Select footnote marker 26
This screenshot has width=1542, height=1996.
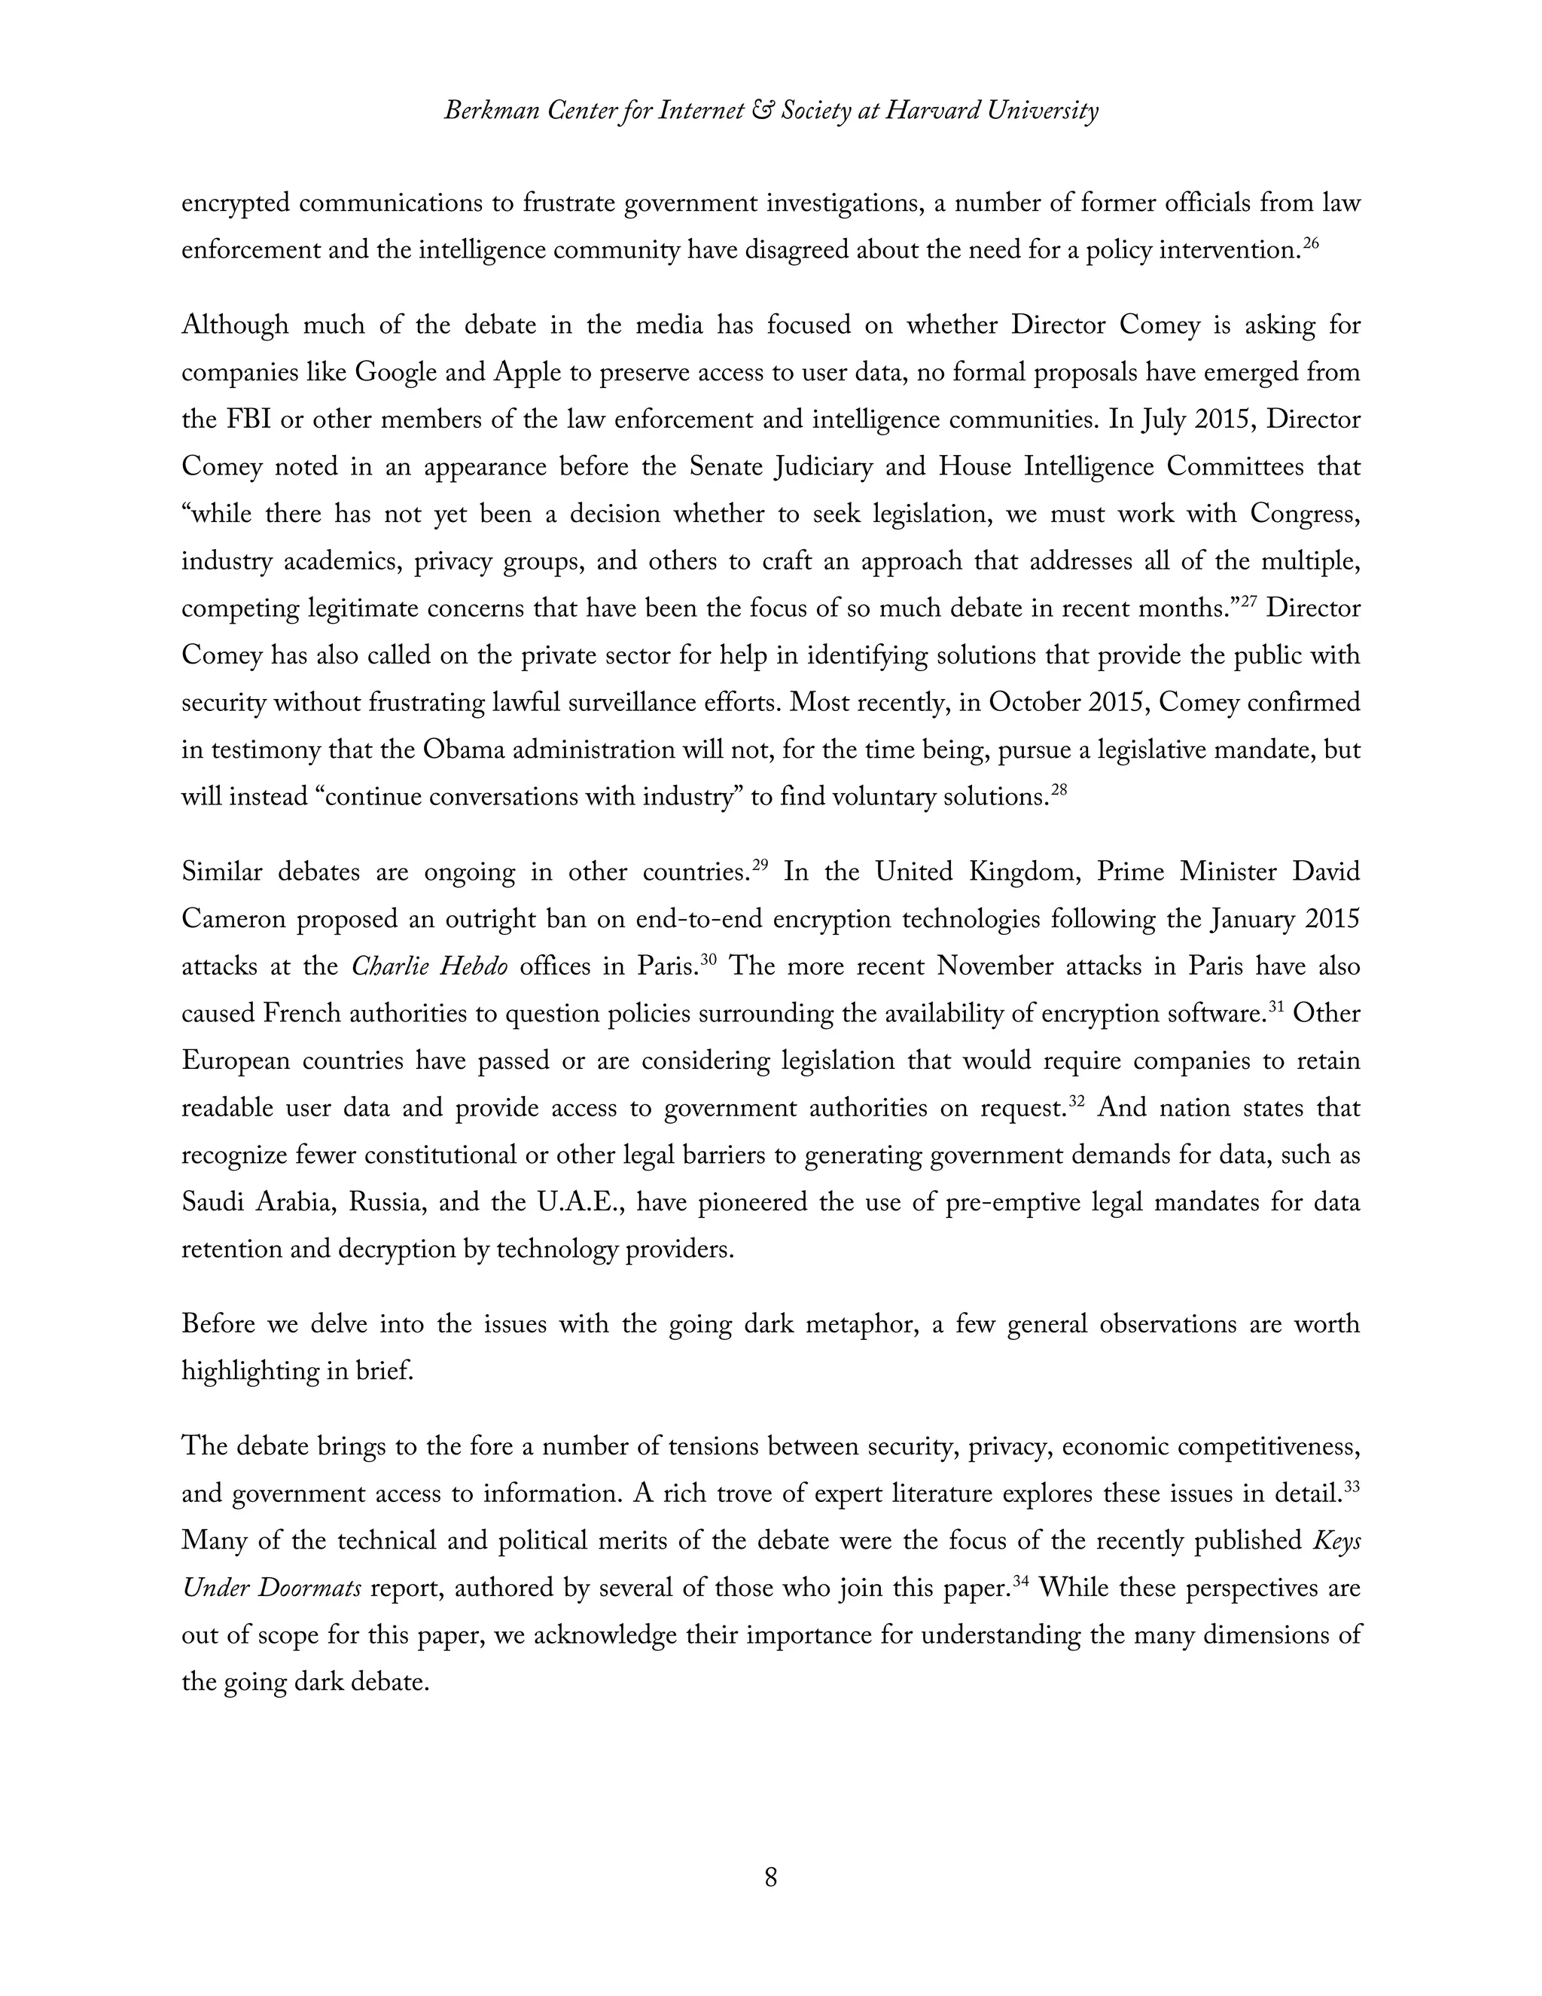[x=1311, y=243]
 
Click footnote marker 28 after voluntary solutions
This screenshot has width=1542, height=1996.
[x=1059, y=789]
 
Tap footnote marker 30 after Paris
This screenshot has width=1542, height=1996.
[x=708, y=960]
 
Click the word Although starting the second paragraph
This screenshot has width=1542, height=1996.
[x=235, y=326]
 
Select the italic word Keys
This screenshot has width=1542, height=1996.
[x=1336, y=1541]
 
